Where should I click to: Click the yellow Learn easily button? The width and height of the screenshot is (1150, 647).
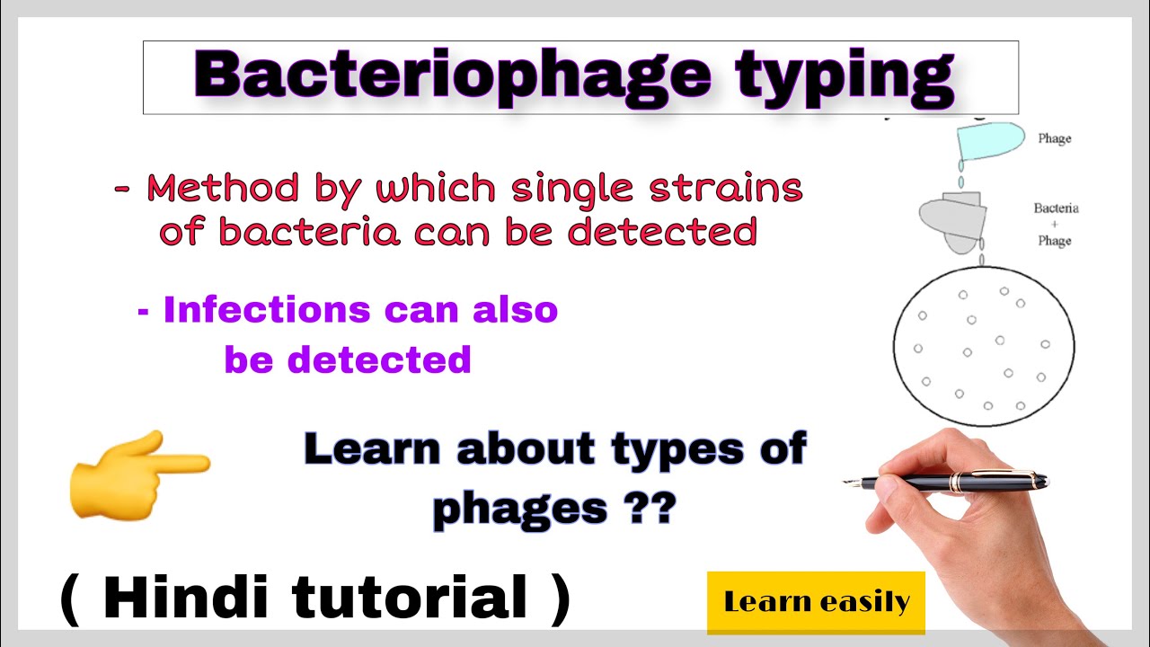coord(816,602)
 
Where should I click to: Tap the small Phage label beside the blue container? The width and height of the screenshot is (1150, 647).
coord(1054,139)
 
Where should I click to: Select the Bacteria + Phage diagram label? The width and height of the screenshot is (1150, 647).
coord(1056,225)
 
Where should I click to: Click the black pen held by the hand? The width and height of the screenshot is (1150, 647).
coord(952,483)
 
